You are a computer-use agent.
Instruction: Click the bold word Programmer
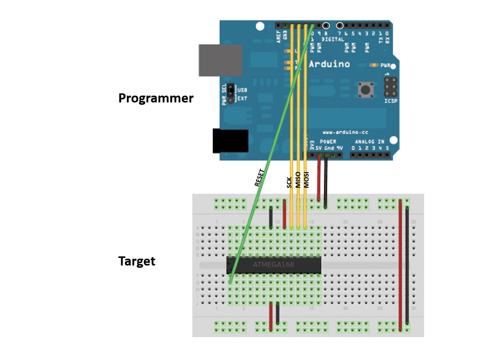156,98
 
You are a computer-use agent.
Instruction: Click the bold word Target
137,261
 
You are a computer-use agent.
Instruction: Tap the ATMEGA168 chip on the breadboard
274,264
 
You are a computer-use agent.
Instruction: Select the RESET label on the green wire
259,178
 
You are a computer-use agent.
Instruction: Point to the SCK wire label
290,182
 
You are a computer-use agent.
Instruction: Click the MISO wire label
298,180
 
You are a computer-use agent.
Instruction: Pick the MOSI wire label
306,180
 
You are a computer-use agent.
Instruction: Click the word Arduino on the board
329,64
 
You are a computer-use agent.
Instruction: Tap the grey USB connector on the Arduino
220,60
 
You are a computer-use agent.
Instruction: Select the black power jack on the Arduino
230,141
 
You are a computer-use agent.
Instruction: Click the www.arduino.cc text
345,133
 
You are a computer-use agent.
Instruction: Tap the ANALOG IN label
370,142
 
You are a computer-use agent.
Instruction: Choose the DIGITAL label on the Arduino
333,39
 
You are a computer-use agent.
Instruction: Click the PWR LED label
385,65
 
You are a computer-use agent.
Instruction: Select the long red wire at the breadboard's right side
400,263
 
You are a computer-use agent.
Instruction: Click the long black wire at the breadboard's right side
407,263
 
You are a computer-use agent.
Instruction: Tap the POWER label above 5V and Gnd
328,142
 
